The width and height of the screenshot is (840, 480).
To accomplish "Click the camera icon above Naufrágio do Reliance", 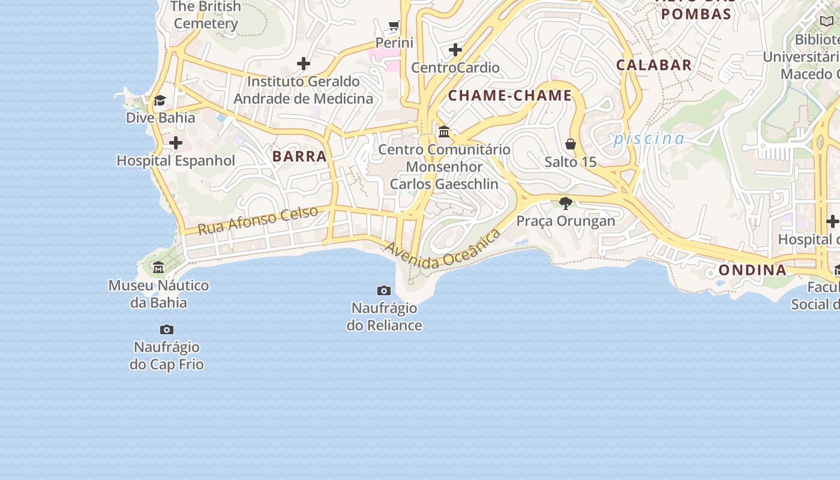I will point(384,291).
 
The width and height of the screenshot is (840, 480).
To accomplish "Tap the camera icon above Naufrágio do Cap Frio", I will point(167,330).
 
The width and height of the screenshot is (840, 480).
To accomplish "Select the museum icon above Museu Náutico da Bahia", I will point(158,267).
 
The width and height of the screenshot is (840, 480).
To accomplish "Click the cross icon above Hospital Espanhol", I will point(176,143).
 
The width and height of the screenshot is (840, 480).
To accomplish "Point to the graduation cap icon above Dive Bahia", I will point(160,100).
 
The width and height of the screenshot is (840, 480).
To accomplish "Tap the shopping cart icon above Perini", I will point(394,25).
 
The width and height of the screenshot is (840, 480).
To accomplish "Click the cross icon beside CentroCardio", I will point(455,49).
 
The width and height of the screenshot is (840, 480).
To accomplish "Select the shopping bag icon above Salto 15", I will point(571,144).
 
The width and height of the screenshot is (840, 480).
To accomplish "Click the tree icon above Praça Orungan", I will point(565,203).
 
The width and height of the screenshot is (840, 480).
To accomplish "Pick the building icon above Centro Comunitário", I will point(444,131).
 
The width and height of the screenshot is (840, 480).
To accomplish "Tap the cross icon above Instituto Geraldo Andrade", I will point(304,63).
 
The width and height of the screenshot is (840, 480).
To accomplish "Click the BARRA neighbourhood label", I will point(299,157).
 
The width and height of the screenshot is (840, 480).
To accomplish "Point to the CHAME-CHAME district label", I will point(510,95).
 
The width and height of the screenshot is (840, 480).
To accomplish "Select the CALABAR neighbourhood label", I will point(654,65).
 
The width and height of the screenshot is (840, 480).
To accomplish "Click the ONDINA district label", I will point(752,270).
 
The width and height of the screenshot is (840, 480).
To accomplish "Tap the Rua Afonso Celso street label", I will point(258,220).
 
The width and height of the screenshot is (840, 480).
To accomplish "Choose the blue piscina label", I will point(649,139).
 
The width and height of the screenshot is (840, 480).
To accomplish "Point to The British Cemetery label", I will point(206,15).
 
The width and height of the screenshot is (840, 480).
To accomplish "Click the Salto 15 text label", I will point(571,162).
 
